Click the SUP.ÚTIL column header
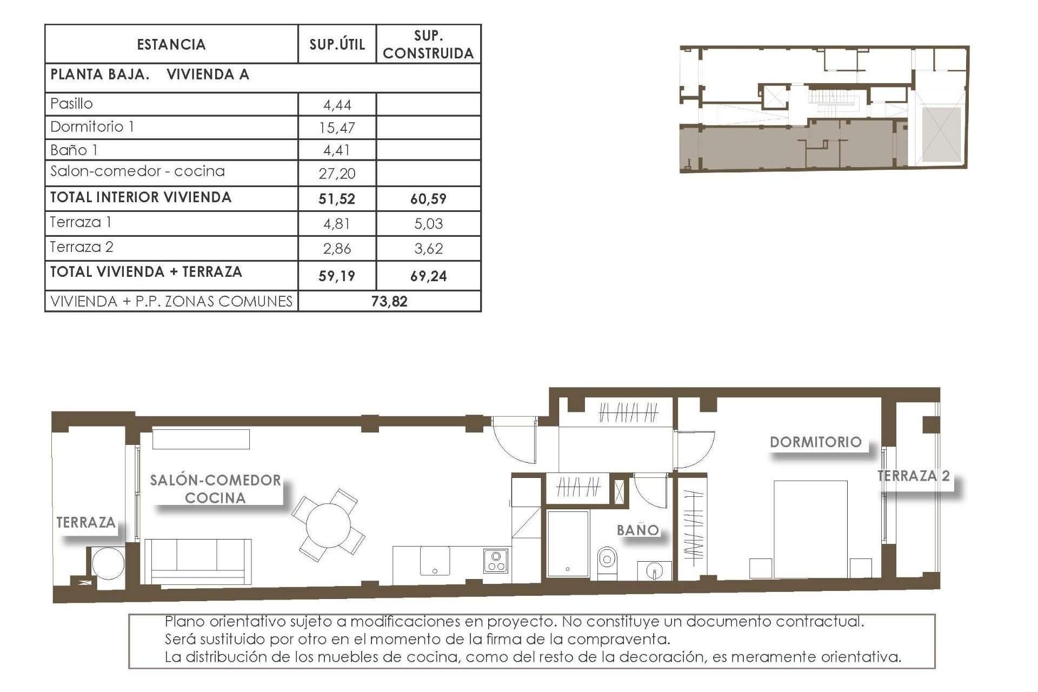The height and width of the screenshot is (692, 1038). [x=337, y=44]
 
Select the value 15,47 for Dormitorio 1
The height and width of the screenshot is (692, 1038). [x=337, y=128]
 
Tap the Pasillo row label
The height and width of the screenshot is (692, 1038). [x=71, y=103]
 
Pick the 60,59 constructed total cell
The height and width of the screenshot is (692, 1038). [x=428, y=199]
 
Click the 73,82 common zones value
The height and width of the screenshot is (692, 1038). [x=389, y=302]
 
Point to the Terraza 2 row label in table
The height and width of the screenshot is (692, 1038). [x=82, y=247]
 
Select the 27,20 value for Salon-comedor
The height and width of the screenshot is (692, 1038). [x=337, y=174]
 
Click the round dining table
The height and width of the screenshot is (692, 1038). [x=328, y=525]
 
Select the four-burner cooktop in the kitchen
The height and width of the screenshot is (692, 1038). [x=496, y=561]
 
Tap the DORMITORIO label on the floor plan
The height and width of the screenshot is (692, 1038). [x=815, y=442]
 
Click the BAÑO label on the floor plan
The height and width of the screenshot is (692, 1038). [x=638, y=530]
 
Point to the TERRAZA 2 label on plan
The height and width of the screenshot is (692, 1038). [x=913, y=476]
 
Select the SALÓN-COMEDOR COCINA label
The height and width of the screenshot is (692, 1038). [x=216, y=489]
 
